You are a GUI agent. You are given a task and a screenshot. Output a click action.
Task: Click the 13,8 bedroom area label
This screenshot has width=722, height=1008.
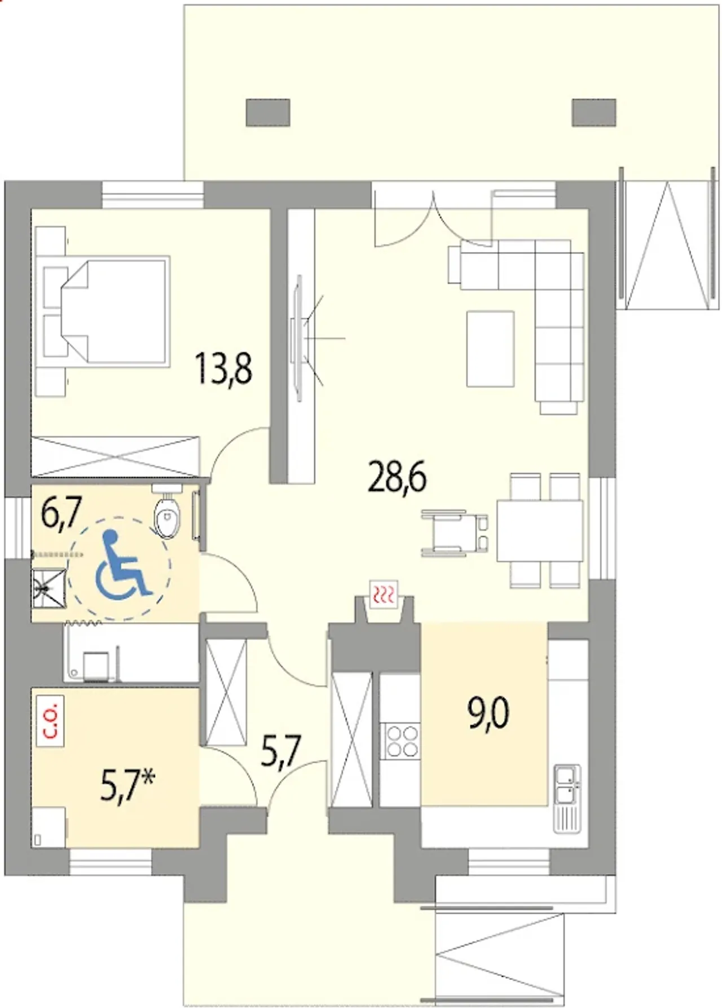(x=224, y=368)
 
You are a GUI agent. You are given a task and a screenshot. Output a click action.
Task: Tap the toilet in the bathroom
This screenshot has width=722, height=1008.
(x=168, y=514)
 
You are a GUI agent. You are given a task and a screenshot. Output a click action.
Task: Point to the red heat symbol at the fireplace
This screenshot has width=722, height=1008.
(x=384, y=594)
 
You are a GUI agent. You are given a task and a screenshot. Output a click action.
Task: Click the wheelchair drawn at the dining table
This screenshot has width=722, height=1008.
(x=455, y=533)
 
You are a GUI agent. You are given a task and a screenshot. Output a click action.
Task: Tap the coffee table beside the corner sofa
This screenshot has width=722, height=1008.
(x=490, y=349)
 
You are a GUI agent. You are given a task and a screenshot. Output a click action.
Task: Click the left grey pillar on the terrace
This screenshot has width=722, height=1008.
(x=268, y=112)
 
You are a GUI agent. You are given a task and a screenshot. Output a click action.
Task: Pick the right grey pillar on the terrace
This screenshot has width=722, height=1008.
(x=594, y=112)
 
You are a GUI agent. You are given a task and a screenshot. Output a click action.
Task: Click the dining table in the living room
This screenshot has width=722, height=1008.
(x=539, y=530)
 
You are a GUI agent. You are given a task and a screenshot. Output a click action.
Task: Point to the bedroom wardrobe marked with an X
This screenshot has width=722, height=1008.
(x=116, y=456)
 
